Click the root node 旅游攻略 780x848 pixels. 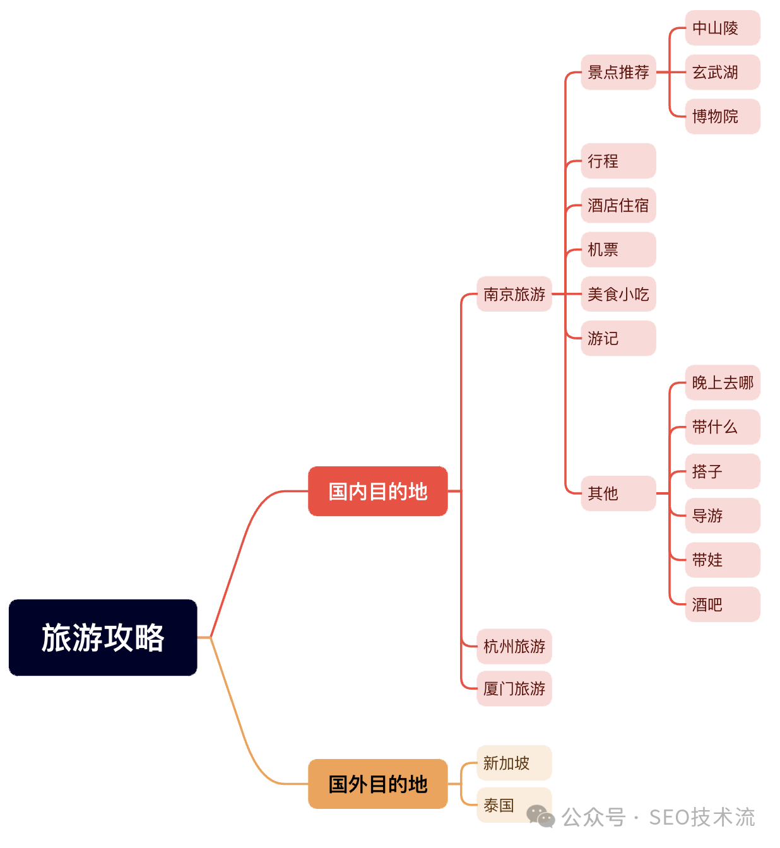103,637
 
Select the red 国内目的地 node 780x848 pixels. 377,492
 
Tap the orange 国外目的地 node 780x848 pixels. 377,784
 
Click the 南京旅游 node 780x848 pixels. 514,294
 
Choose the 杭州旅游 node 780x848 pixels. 514,646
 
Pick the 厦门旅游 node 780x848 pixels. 514,688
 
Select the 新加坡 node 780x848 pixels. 514,763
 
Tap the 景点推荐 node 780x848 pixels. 618,73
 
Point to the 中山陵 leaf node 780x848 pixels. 722,28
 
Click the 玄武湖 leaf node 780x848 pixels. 722,73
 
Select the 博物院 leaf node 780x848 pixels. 722,117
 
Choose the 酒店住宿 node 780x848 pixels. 618,205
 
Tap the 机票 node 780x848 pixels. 618,250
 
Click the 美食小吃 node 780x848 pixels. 618,294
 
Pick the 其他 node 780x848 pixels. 618,493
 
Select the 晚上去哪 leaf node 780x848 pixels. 722,382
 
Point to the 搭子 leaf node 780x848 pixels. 722,471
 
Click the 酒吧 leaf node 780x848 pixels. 722,604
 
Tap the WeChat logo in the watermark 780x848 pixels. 541,816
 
